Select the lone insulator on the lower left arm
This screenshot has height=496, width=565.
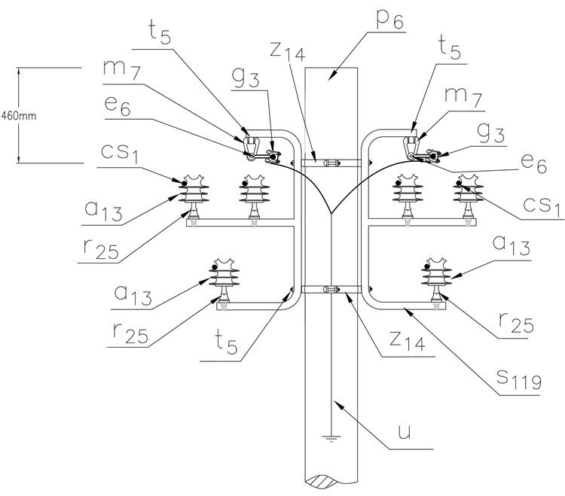click(224, 279)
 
